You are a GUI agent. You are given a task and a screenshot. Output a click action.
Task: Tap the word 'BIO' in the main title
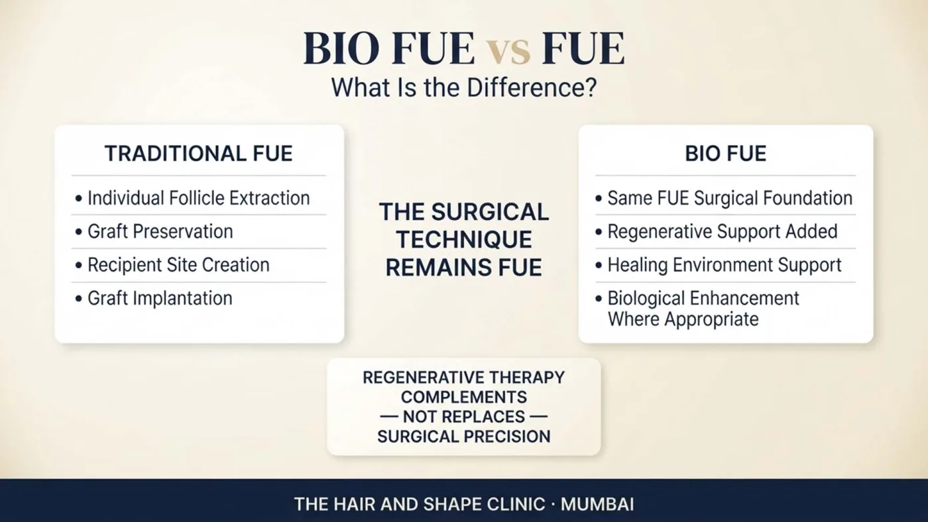pos(341,49)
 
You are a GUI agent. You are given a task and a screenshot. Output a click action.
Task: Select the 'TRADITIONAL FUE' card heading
pos(198,154)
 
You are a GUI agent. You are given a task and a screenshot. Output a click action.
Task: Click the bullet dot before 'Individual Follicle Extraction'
pos(79,198)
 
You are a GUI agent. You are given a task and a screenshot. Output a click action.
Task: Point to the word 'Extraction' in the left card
pos(269,198)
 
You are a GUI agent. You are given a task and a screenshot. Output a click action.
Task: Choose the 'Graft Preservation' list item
pos(160,232)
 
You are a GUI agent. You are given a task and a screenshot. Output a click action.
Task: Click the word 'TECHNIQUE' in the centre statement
pos(464,240)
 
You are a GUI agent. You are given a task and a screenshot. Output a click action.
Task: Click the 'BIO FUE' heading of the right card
pos(725,154)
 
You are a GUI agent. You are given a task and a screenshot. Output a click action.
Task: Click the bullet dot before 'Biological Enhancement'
pos(598,299)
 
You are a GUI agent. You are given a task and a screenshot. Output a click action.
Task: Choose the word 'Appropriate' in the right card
pos(712,319)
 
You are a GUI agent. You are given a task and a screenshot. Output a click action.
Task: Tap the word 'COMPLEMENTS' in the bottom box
pos(464,397)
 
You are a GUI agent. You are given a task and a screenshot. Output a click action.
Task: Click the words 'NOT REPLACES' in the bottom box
pos(464,417)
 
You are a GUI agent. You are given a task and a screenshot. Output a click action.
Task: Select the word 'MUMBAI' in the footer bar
pos(597,505)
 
